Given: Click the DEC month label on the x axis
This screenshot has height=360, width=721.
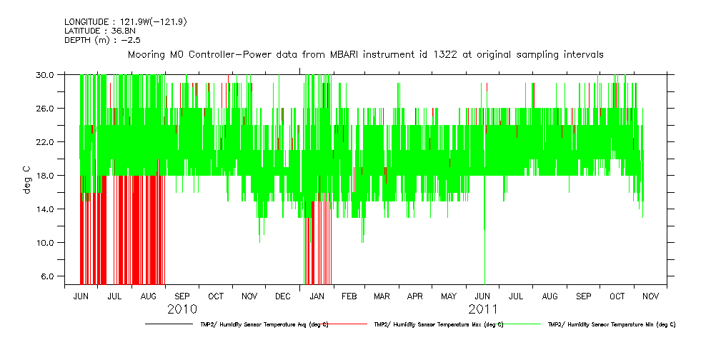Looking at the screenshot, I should [x=282, y=296].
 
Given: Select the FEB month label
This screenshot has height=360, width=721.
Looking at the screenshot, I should [x=349, y=296].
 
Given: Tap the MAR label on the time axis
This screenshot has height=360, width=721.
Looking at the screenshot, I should [x=382, y=296].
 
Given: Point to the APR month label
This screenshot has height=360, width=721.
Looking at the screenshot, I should [x=415, y=296].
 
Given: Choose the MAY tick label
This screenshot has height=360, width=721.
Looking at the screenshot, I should [x=449, y=296].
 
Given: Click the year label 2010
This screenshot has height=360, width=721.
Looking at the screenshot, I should [x=182, y=309].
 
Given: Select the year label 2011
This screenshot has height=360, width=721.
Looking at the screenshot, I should [x=483, y=309].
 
